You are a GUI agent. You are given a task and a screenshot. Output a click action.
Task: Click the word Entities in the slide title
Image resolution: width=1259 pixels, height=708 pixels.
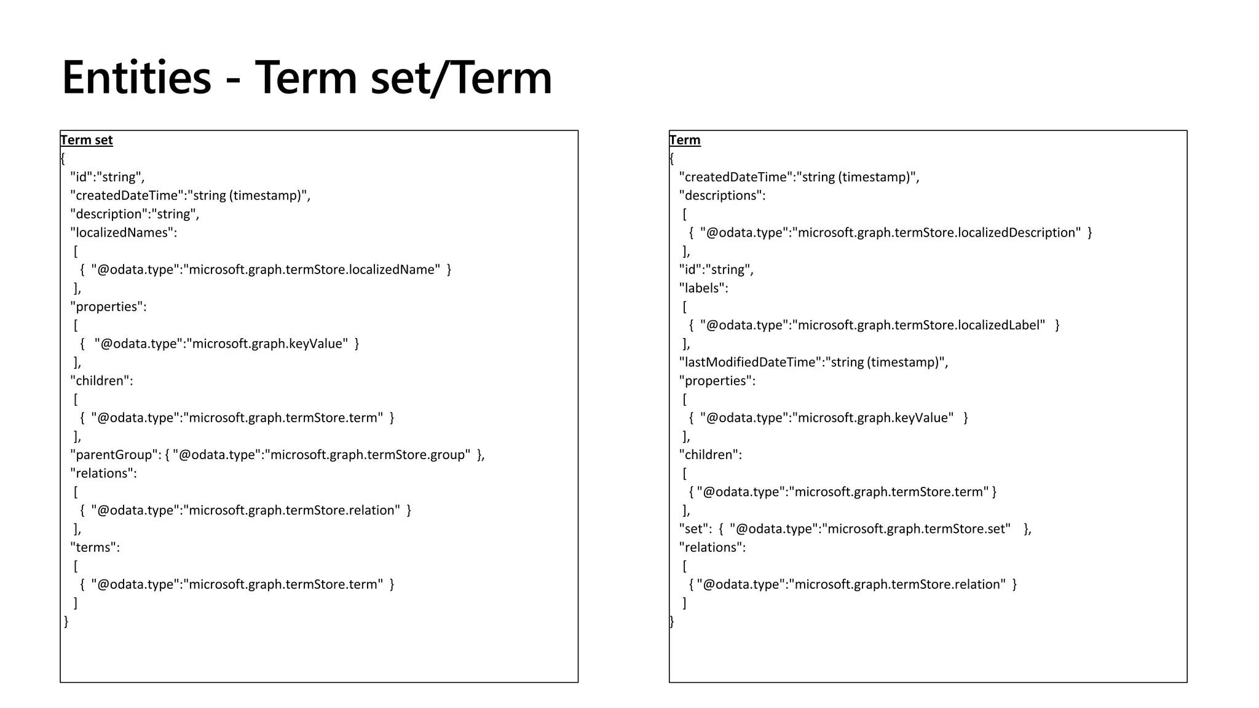coord(136,78)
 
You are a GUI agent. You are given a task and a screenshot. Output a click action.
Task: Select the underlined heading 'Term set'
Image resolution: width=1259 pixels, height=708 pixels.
coord(86,140)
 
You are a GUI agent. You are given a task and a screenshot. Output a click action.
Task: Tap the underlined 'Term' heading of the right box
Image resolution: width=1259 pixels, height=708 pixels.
coord(685,140)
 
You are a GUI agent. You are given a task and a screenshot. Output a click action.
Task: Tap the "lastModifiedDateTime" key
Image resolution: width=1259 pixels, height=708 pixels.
coord(750,363)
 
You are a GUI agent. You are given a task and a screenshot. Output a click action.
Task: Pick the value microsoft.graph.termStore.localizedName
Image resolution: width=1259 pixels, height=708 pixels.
coord(314,270)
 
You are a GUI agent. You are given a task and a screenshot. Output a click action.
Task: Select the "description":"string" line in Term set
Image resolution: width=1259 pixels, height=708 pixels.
coord(135,214)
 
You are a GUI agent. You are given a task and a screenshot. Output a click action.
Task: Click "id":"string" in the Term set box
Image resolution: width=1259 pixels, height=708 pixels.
coord(108,178)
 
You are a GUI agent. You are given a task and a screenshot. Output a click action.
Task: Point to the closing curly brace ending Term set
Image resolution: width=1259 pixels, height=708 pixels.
coord(66,621)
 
